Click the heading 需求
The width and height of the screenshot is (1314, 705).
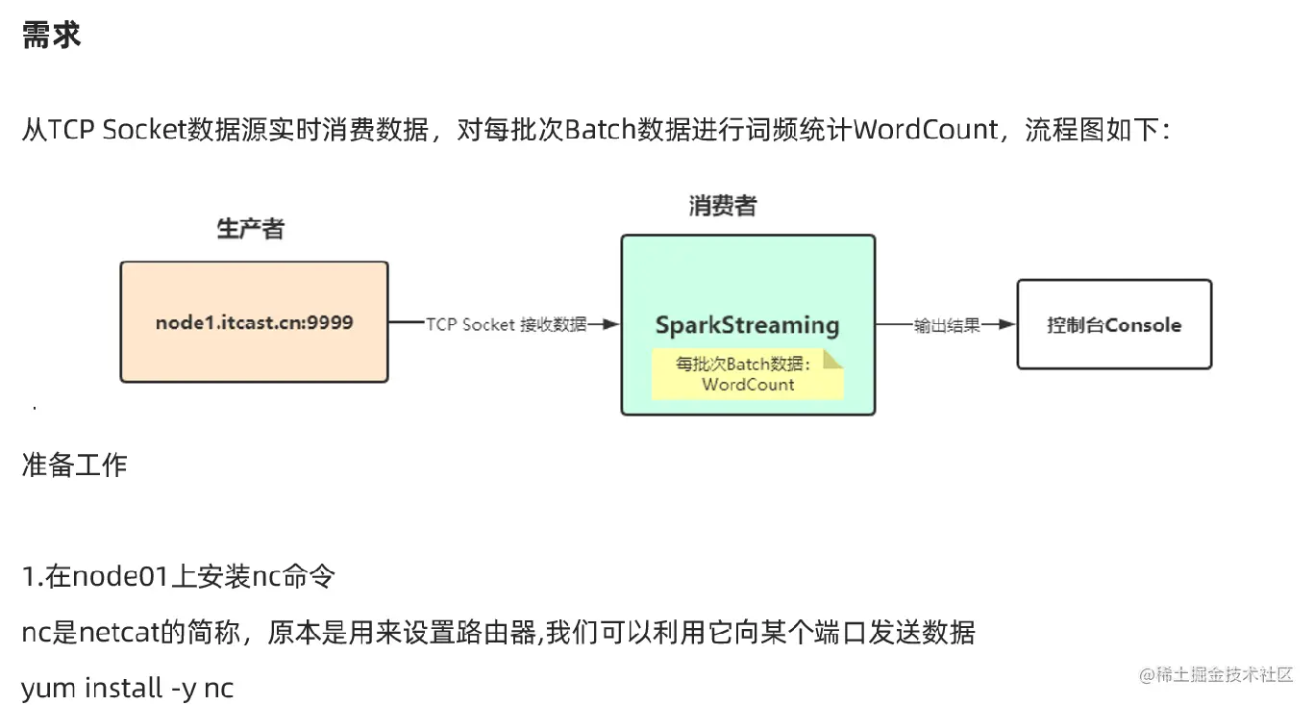(51, 37)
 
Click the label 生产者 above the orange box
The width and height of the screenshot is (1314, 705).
(251, 229)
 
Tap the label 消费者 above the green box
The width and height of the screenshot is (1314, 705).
(722, 205)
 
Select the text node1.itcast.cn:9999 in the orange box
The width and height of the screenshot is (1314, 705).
(254, 322)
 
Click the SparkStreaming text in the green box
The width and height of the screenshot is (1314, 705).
(747, 325)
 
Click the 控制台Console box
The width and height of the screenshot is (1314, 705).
(1114, 325)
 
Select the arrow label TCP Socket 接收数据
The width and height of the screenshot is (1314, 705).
(506, 325)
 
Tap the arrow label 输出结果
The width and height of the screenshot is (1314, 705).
(946, 325)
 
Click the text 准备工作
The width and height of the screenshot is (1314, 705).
(74, 466)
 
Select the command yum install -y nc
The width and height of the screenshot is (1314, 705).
(127, 688)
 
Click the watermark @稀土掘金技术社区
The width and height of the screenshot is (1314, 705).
(1216, 674)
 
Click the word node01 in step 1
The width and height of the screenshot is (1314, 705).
(120, 577)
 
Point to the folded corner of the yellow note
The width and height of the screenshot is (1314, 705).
(832, 360)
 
